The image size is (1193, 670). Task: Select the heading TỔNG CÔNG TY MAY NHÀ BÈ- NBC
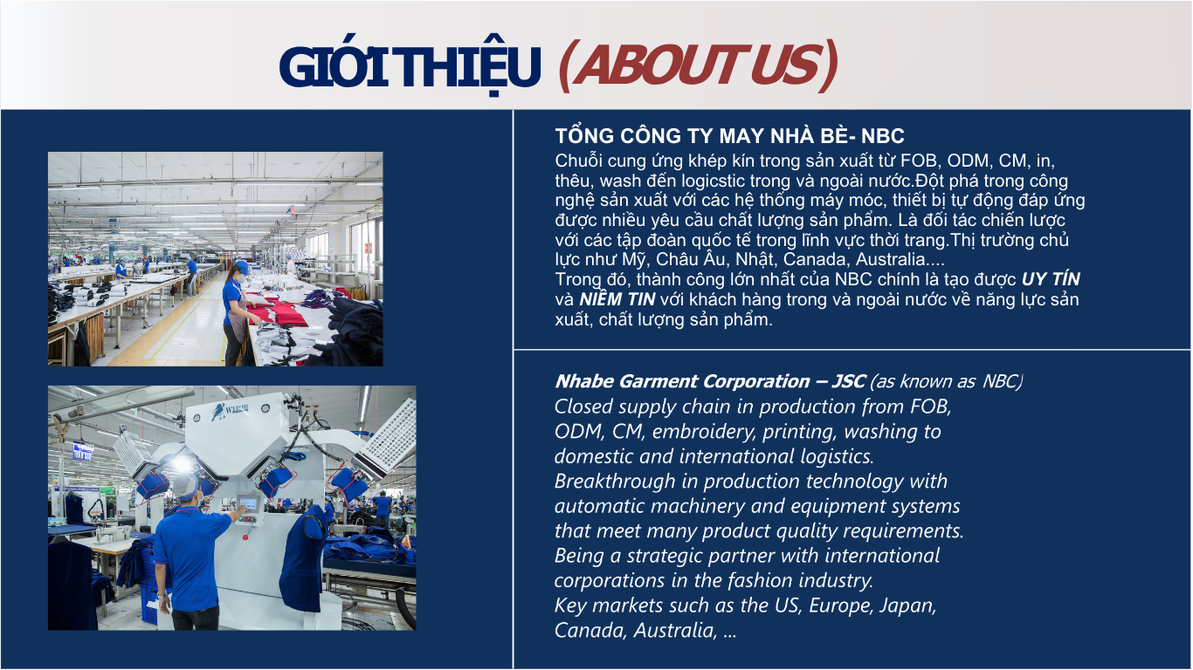[x=729, y=136]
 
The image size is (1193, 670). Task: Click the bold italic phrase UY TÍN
[x=1051, y=279]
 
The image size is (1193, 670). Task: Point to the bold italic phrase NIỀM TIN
[x=617, y=299]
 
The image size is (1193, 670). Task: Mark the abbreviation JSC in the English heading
[x=848, y=381]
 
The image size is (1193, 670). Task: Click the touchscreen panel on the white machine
[x=247, y=502]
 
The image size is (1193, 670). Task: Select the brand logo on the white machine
[x=230, y=411]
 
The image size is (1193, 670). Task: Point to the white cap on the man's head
[x=184, y=485]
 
